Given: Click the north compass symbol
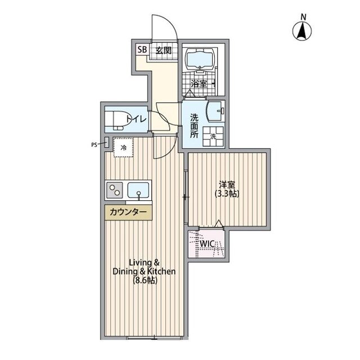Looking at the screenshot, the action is point(302,31).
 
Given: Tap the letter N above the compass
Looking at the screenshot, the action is point(304,17).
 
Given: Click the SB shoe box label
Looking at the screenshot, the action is point(142,49).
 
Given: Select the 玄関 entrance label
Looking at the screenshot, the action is point(164,51).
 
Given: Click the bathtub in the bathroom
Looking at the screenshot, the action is point(200,59).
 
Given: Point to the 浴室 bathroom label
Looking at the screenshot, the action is point(199,84).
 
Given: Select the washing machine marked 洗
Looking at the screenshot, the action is point(213,136).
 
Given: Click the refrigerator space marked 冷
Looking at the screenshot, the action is point(124,147).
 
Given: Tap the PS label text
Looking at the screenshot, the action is point(94,145).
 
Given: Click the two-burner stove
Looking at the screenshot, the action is point(114,190).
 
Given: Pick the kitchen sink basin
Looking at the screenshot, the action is point(138,190).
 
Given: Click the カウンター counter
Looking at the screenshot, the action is point(128,213).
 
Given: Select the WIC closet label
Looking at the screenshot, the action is point(207,244).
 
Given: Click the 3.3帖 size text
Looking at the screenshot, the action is point(227,194).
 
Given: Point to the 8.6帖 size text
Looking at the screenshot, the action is point(145,280).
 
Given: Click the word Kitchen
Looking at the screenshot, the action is point(161,271).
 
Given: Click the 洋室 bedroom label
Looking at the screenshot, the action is point(227,184).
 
